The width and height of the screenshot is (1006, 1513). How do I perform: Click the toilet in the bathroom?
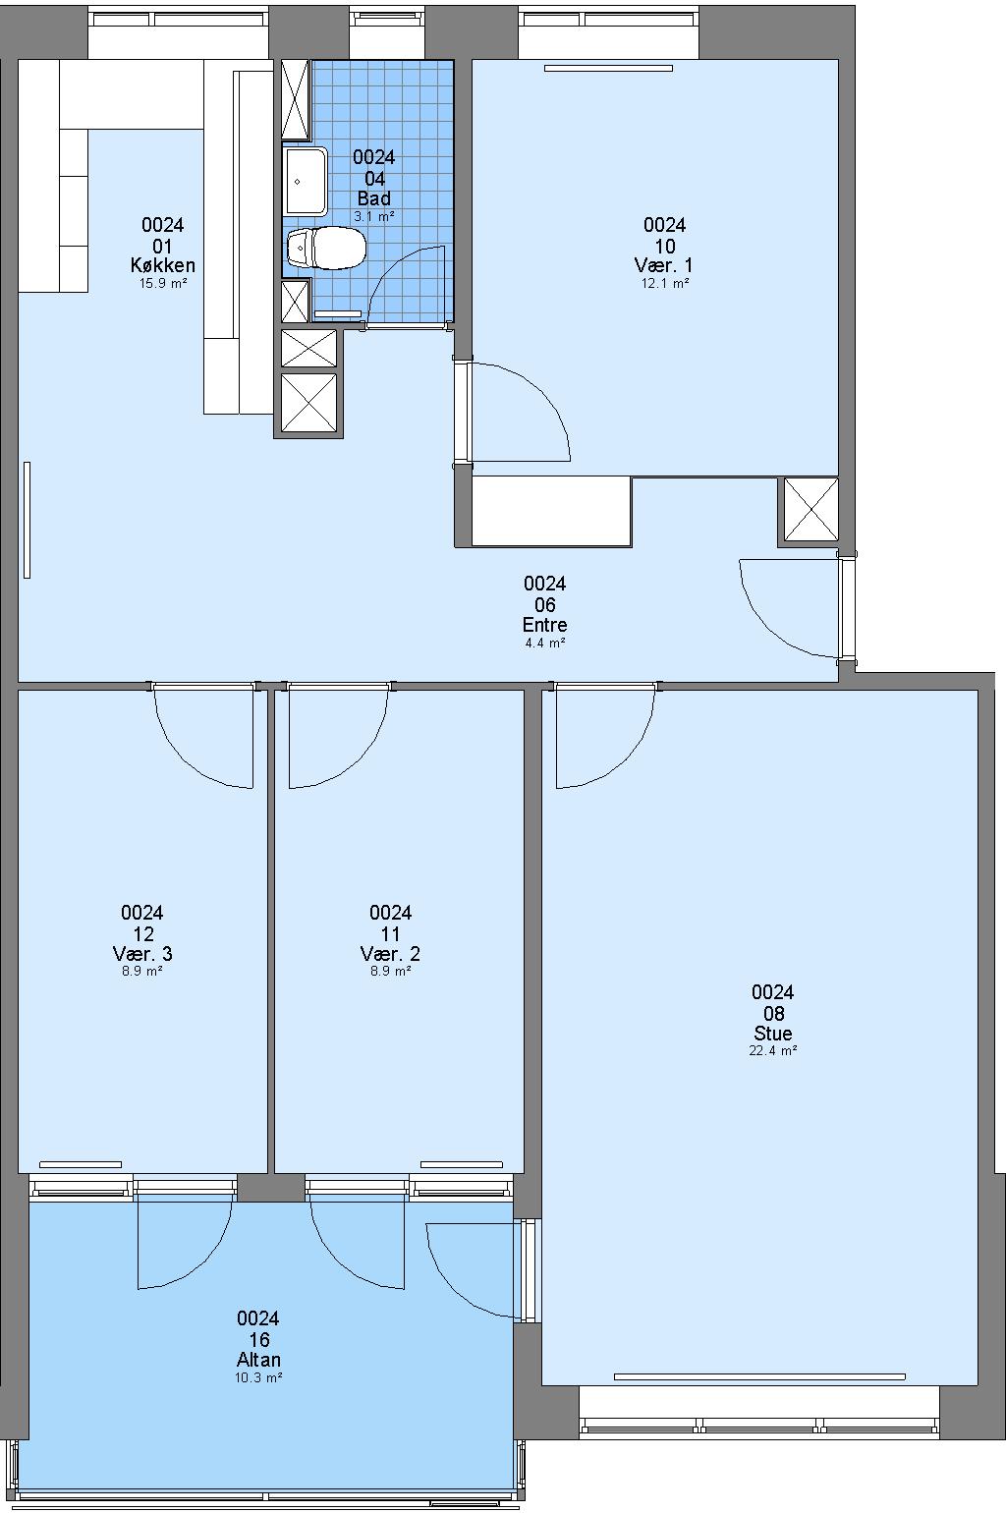pos(326,248)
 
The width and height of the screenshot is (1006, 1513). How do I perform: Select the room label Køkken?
pos(163,265)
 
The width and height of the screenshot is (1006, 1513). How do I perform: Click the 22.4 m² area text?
pos(773,1051)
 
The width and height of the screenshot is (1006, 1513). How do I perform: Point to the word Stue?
pos(773,1034)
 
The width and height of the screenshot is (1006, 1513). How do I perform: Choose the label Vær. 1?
pos(663,265)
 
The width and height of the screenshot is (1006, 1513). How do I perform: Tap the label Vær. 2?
pos(390,954)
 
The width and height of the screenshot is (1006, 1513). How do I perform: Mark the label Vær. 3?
pos(141,954)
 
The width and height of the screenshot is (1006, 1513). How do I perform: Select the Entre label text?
pos(544,625)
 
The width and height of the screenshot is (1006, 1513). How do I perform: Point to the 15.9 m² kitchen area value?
pos(163,284)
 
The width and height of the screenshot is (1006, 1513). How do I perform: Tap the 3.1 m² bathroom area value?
pos(374,217)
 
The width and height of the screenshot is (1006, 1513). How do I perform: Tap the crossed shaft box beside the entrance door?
pos(810,509)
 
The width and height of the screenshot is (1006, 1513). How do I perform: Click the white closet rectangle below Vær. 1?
pos(551,511)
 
